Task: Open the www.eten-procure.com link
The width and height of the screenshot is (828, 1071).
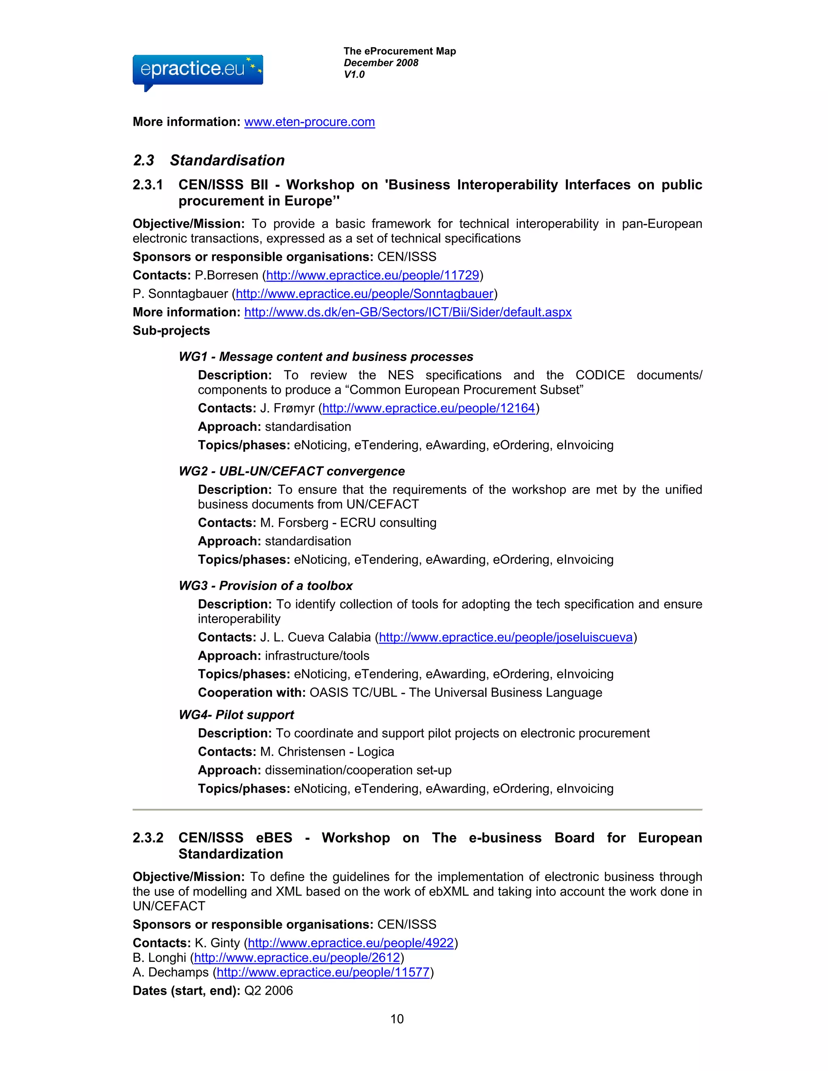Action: (x=310, y=122)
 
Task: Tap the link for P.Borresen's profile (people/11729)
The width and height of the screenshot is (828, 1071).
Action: (x=372, y=275)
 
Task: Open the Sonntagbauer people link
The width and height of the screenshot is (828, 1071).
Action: (x=364, y=294)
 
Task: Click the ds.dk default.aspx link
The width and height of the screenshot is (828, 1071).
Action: (x=408, y=312)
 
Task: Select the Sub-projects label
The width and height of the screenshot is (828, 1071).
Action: (x=171, y=331)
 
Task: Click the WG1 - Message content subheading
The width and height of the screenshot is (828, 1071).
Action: (x=326, y=356)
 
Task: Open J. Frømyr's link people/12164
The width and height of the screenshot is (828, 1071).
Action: (x=428, y=408)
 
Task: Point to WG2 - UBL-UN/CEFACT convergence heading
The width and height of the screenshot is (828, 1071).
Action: (x=291, y=471)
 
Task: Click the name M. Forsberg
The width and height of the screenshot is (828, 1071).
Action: (x=294, y=523)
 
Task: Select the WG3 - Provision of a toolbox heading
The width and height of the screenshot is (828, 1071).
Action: (x=265, y=586)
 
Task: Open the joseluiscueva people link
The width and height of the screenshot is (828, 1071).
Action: (x=505, y=637)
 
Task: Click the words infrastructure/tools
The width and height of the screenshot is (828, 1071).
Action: (x=317, y=656)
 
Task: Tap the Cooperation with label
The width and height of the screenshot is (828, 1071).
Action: (x=251, y=692)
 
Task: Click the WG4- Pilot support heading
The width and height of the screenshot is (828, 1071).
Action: (x=236, y=715)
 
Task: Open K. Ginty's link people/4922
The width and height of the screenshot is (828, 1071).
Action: (x=351, y=942)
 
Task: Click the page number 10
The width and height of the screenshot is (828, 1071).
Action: (x=397, y=1019)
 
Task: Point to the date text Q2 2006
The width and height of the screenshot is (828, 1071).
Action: (x=268, y=991)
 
